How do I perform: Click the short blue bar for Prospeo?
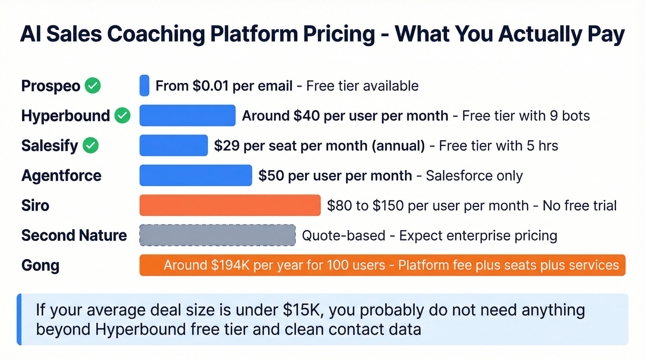pos(144,86)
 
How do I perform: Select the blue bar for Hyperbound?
pos(188,115)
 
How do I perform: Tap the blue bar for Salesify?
pos(174,146)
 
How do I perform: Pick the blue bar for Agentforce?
pos(196,176)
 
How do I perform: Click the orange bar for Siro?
pos(230,205)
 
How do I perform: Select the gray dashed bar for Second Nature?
pos(217,235)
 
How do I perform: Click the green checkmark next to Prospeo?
pos(93,86)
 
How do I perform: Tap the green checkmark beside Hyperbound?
pos(122,116)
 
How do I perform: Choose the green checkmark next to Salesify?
pos(90,146)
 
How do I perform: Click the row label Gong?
pos(40,266)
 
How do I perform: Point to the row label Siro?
pos(35,206)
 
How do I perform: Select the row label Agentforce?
pos(61,176)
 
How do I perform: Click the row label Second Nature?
pos(74,236)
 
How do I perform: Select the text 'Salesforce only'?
pos(474,176)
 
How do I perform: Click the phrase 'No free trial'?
pos(579,205)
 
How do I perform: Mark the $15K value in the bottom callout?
pos(304,310)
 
